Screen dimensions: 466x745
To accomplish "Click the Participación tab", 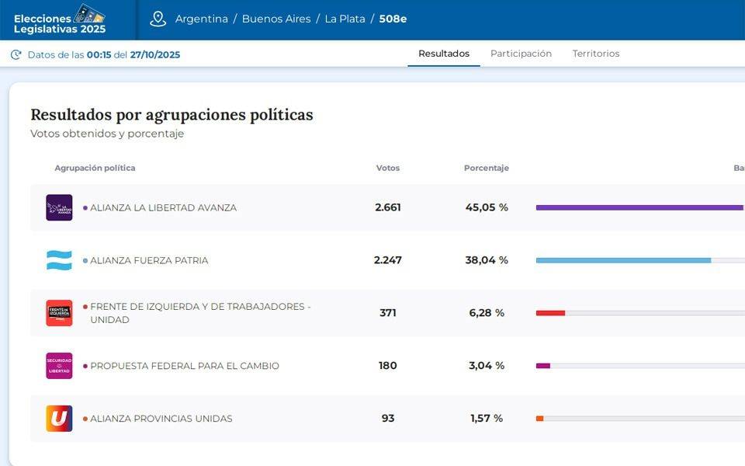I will pyautogui.click(x=521, y=54).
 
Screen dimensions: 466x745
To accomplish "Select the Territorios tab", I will pyautogui.click(x=596, y=54).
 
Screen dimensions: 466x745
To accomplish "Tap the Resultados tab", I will pyautogui.click(x=444, y=54).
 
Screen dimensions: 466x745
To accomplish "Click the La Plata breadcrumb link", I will pyautogui.click(x=345, y=19).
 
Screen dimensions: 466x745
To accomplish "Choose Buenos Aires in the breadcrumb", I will pyautogui.click(x=276, y=19).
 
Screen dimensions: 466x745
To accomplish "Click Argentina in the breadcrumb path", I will pyautogui.click(x=202, y=19).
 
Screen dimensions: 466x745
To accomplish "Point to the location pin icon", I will pyautogui.click(x=158, y=19).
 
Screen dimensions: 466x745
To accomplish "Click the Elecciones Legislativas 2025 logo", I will pyautogui.click(x=60, y=19).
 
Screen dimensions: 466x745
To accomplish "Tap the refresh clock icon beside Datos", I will pyautogui.click(x=16, y=54).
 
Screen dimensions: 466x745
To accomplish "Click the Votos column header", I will pyautogui.click(x=388, y=168).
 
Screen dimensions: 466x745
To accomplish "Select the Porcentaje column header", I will pyautogui.click(x=487, y=168).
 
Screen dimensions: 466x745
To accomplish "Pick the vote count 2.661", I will pyautogui.click(x=388, y=207).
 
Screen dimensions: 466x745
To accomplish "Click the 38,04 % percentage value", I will pyautogui.click(x=487, y=260).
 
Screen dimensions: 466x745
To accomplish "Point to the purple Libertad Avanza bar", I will pyautogui.click(x=639, y=207).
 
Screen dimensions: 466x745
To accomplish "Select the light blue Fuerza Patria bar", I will pyautogui.click(x=623, y=260).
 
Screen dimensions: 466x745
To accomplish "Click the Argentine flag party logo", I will pyautogui.click(x=59, y=260).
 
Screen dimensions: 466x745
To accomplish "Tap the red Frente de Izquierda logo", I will pyautogui.click(x=59, y=313).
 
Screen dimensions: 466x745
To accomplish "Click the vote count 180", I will pyautogui.click(x=388, y=366).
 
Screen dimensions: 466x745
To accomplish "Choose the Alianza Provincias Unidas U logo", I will pyautogui.click(x=59, y=419).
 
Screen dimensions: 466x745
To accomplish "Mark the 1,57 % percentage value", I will pyautogui.click(x=487, y=419).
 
